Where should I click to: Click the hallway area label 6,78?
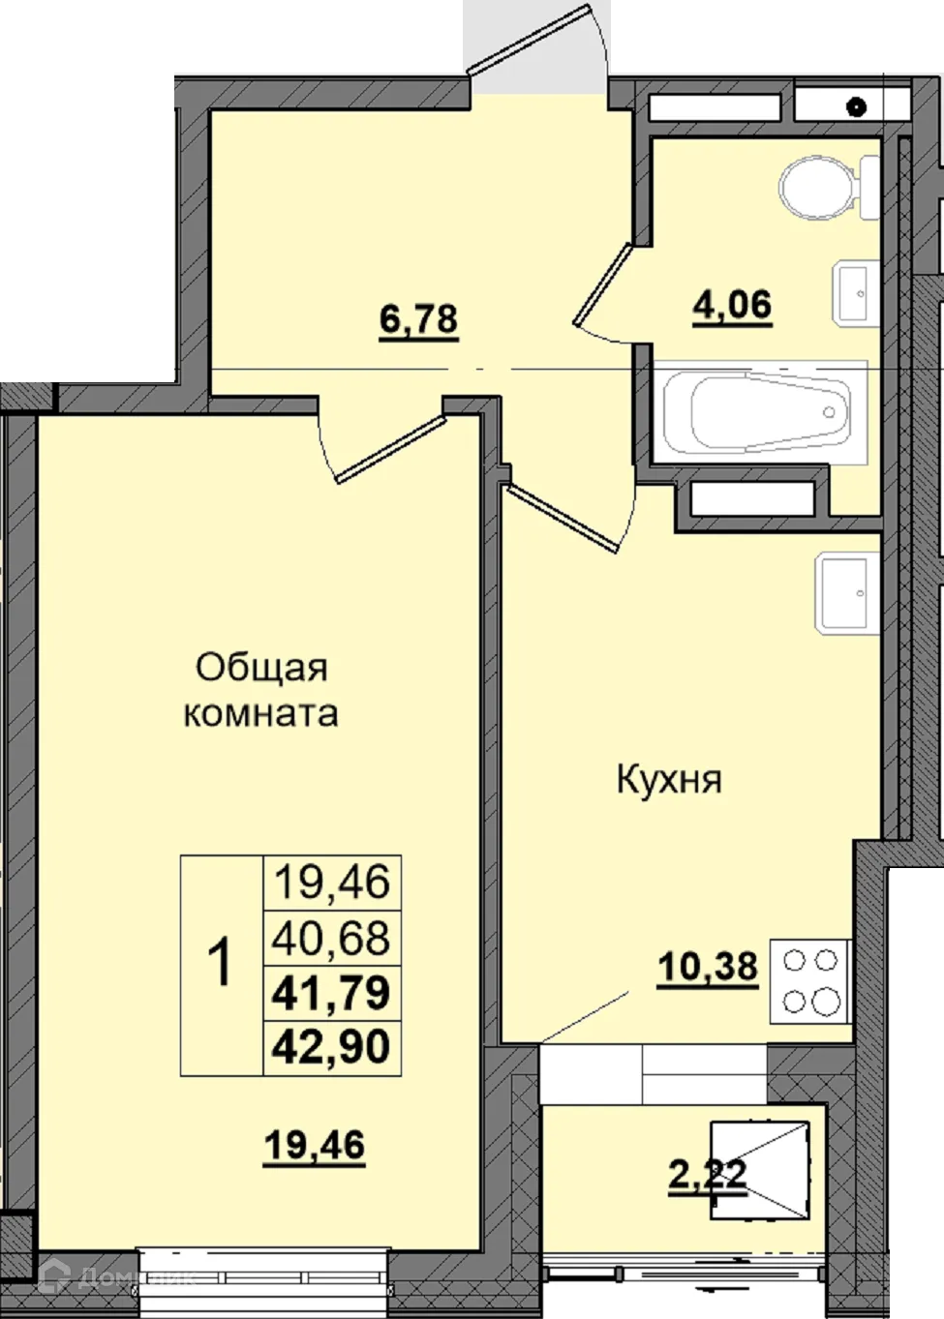[x=418, y=318]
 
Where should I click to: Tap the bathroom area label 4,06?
[x=732, y=306]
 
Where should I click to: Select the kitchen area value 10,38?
[x=708, y=965]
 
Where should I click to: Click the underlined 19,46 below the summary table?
[x=315, y=1146]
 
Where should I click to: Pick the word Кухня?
[x=669, y=779]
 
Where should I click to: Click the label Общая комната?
[x=261, y=690]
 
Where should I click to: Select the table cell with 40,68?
[x=332, y=938]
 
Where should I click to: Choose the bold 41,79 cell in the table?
[x=332, y=993]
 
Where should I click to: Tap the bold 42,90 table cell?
[x=332, y=1047]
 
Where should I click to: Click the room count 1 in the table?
[x=222, y=965]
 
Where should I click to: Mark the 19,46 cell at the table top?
[x=332, y=882]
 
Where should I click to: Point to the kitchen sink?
[x=846, y=592]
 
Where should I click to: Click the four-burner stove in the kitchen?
[x=809, y=980]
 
